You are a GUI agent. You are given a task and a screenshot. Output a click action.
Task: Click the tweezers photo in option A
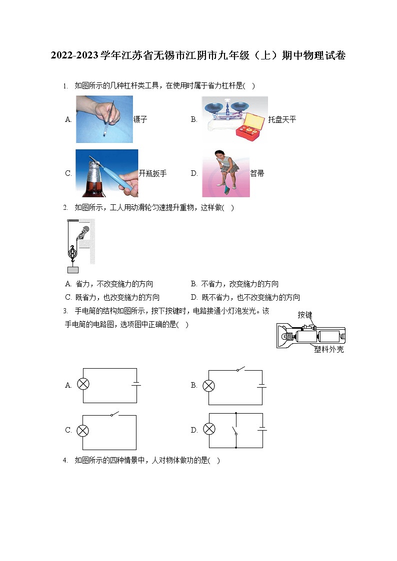coord(104,119)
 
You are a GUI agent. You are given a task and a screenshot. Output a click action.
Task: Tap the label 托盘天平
coord(282,119)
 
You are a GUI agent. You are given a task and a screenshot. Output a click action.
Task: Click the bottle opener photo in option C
coord(106,173)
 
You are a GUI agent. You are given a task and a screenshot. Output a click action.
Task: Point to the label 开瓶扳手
coord(152,173)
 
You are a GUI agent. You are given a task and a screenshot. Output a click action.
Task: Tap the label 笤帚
coord(257,173)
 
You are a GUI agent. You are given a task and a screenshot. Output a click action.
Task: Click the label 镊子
coord(140,119)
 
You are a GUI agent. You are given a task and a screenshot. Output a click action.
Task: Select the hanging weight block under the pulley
coord(72,270)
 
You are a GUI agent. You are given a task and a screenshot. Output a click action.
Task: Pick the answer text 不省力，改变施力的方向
coord(239,284)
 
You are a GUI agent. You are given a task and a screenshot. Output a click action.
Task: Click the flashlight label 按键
coord(304,315)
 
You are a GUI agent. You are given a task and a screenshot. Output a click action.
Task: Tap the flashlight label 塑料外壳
coord(328,350)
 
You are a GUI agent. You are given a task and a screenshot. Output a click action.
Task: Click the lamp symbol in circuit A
coord(83,385)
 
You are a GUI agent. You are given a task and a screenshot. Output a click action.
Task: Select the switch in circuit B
coord(240,370)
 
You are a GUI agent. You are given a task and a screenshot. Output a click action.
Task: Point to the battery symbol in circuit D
coord(262,430)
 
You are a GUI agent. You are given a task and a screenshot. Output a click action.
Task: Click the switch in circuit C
coord(114,415)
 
